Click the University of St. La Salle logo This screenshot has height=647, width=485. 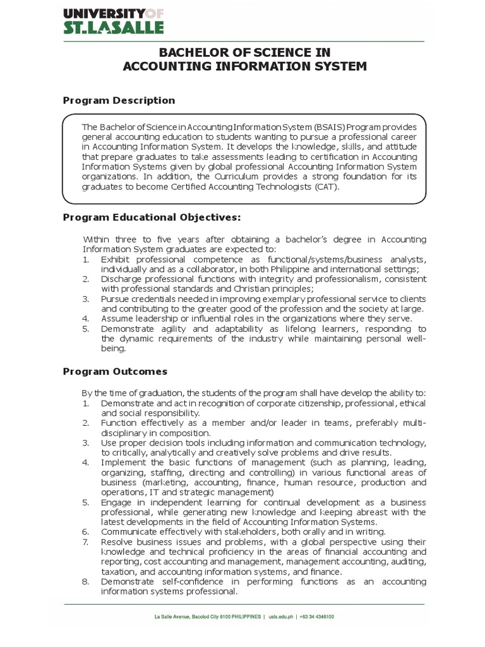(x=114, y=20)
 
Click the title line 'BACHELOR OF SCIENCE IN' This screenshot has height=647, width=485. (x=242, y=52)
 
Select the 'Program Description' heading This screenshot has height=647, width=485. (x=119, y=100)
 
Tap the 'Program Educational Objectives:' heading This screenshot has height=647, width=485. (x=152, y=217)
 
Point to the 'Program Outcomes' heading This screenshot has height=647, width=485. (x=115, y=372)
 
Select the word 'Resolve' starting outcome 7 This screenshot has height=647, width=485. (x=117, y=542)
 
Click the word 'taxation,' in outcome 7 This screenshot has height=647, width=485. (x=119, y=571)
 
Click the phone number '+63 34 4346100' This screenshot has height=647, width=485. (x=318, y=617)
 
